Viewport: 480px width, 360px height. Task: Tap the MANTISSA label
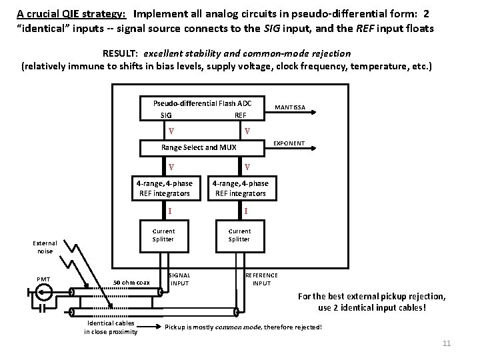[290, 107]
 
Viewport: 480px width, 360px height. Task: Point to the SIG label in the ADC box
[167, 115]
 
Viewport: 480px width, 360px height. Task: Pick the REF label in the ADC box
[240, 115]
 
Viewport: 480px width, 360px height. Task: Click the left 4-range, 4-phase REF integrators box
[164, 189]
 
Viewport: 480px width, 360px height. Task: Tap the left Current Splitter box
[163, 235]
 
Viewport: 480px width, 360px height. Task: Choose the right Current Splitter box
[239, 235]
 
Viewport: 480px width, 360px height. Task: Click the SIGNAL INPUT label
[179, 279]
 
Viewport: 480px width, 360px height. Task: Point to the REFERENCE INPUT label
[261, 279]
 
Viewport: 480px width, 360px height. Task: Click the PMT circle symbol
[45, 291]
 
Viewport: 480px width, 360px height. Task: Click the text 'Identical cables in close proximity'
[111, 327]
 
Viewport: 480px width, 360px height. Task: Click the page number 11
[447, 343]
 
